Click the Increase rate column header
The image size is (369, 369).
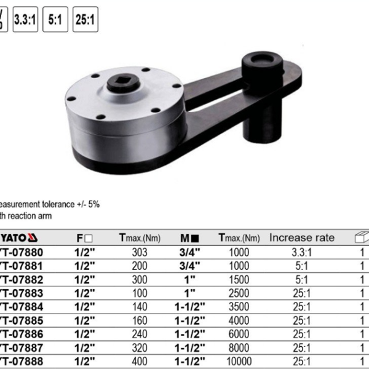302,238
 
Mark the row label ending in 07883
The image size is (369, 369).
22,293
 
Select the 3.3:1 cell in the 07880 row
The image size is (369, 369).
302,252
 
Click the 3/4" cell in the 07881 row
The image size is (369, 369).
189,266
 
